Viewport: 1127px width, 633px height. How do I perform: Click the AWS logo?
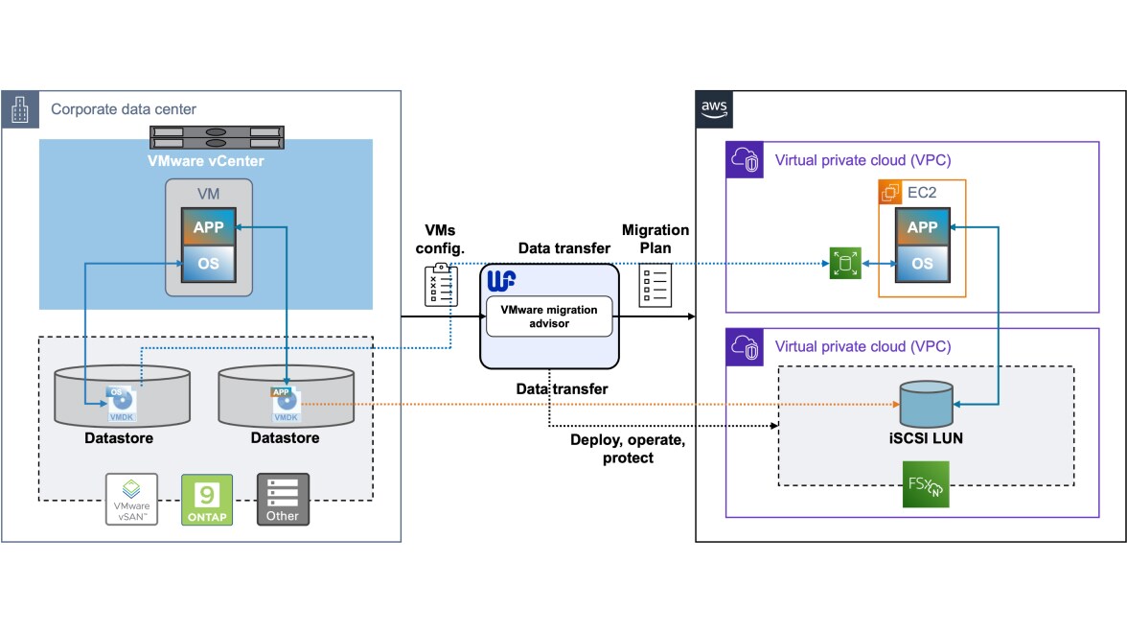pyautogui.click(x=715, y=108)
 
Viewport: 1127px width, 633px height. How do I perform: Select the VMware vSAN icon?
pyautogui.click(x=131, y=499)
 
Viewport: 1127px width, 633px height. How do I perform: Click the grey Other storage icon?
pyautogui.click(x=283, y=499)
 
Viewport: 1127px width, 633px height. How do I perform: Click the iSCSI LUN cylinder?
pyautogui.click(x=926, y=405)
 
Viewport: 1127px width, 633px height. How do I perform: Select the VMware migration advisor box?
pyautogui.click(x=548, y=316)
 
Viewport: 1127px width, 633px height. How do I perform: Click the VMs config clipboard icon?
pyautogui.click(x=441, y=285)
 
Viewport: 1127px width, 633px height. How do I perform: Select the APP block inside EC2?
pyautogui.click(x=922, y=227)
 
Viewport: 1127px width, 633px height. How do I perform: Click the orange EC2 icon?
pyautogui.click(x=891, y=192)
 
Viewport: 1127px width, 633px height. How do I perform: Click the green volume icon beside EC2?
pyautogui.click(x=845, y=264)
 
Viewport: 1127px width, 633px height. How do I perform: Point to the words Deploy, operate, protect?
pyautogui.click(x=628, y=449)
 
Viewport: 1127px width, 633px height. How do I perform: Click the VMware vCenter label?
pyautogui.click(x=206, y=160)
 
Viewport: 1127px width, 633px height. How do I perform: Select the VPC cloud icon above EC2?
pyautogui.click(x=745, y=160)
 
